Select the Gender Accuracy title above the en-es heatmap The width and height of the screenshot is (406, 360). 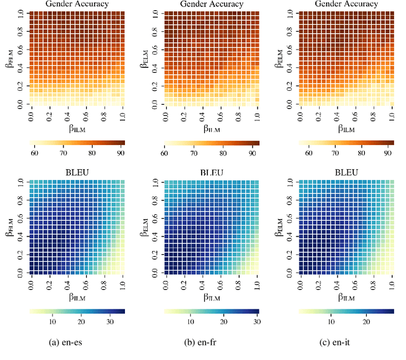tap(78, 4)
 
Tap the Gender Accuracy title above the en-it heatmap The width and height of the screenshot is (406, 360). tap(345, 4)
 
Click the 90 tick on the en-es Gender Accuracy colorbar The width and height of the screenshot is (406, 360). tap(121, 153)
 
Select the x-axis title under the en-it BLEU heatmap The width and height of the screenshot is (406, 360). tap(345, 297)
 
